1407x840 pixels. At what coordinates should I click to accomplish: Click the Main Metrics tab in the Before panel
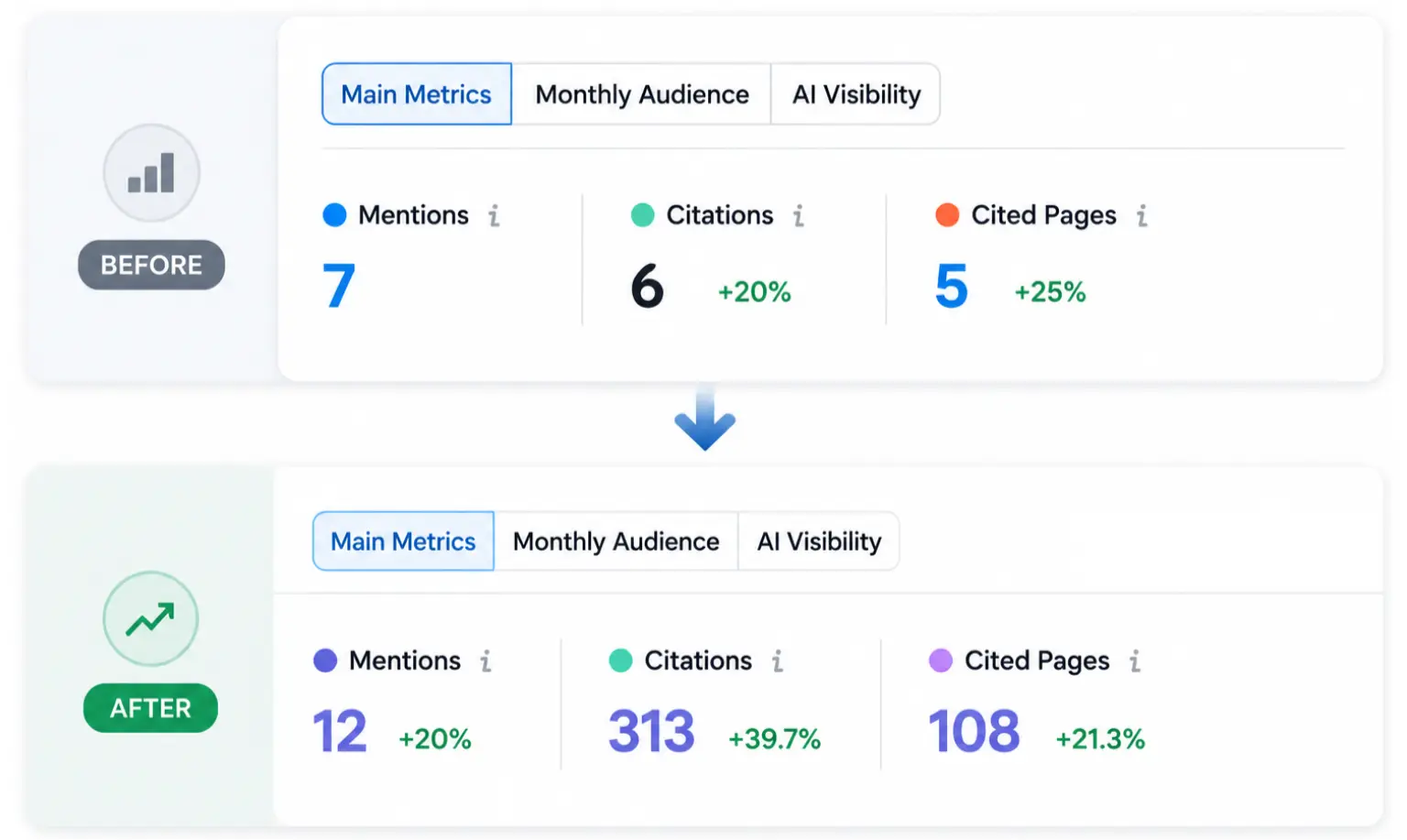(x=417, y=94)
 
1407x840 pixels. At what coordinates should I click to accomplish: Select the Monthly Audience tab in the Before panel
(x=641, y=94)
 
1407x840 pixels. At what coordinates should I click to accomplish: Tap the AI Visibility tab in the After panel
(x=819, y=541)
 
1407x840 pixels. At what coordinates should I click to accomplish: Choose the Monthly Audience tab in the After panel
(x=616, y=541)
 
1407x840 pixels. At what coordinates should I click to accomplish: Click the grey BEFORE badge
(x=151, y=265)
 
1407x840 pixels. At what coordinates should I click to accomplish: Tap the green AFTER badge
(x=151, y=708)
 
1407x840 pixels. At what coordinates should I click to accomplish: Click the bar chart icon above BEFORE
(x=151, y=173)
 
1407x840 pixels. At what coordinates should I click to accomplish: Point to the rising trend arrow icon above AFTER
(x=150, y=619)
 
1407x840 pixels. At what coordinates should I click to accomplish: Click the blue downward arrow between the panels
(x=704, y=417)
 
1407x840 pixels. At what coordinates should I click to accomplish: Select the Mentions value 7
(x=339, y=285)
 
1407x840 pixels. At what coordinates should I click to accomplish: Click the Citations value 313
(x=651, y=731)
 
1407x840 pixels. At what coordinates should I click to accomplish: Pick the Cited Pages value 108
(x=975, y=731)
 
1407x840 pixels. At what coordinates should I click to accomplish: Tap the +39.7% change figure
(x=774, y=739)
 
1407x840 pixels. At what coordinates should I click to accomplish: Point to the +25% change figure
(x=1051, y=292)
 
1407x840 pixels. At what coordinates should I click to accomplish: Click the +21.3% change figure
(x=1100, y=739)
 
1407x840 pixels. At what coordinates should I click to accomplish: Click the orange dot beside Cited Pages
(x=947, y=215)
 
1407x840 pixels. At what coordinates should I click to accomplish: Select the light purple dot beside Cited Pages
(x=941, y=660)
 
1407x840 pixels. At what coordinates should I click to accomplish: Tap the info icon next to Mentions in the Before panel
(x=495, y=215)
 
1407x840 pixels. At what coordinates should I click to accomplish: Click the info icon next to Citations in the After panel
(x=778, y=661)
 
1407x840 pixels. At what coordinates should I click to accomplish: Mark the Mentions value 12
(x=339, y=731)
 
